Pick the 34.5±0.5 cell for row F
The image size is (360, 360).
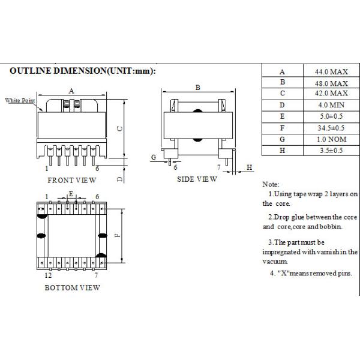pyautogui.click(x=329, y=128)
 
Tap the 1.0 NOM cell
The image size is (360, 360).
pyautogui.click(x=329, y=139)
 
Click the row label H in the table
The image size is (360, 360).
pyautogui.click(x=283, y=150)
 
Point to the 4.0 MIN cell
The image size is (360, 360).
pyautogui.click(x=329, y=106)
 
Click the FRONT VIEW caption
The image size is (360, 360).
pyautogui.click(x=72, y=179)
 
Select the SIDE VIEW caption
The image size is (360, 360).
pyautogui.click(x=197, y=179)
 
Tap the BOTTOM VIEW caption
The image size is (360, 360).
pyautogui.click(x=73, y=287)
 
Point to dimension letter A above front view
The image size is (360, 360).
pyautogui.click(x=71, y=91)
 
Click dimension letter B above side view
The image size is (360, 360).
pyautogui.click(x=197, y=88)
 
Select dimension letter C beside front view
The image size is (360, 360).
pyautogui.click(x=119, y=128)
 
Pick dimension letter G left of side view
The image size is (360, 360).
pyautogui.click(x=154, y=157)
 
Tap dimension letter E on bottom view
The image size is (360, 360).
pyautogui.click(x=71, y=194)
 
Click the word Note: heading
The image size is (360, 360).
pyautogui.click(x=271, y=184)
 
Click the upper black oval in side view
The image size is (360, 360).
pyautogui.click(x=197, y=111)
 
